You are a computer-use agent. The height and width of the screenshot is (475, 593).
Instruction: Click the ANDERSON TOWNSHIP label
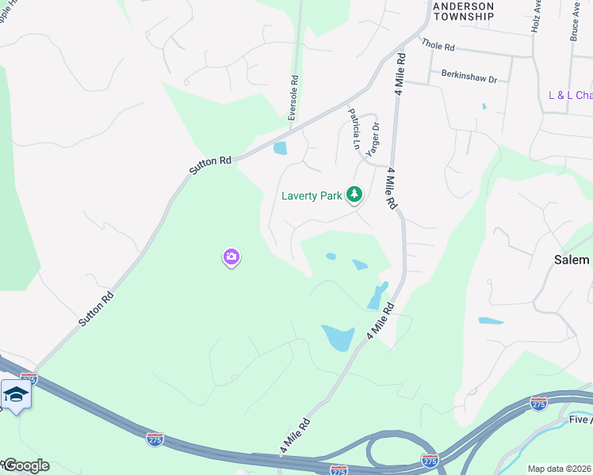pos(464,11)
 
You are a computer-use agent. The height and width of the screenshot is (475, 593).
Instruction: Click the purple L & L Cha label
pos(570,95)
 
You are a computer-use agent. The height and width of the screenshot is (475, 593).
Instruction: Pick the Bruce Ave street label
pos(576,20)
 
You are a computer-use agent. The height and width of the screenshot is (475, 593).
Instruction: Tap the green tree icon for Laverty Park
pos(354,194)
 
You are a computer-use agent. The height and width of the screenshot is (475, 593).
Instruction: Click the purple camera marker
pos(231,256)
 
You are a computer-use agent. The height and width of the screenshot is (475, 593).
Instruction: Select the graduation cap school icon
pos(16,394)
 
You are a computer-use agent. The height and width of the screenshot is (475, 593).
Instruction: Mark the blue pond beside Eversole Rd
pos(280,148)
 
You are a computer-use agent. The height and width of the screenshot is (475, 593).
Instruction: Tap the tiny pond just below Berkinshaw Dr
pos(484,106)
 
